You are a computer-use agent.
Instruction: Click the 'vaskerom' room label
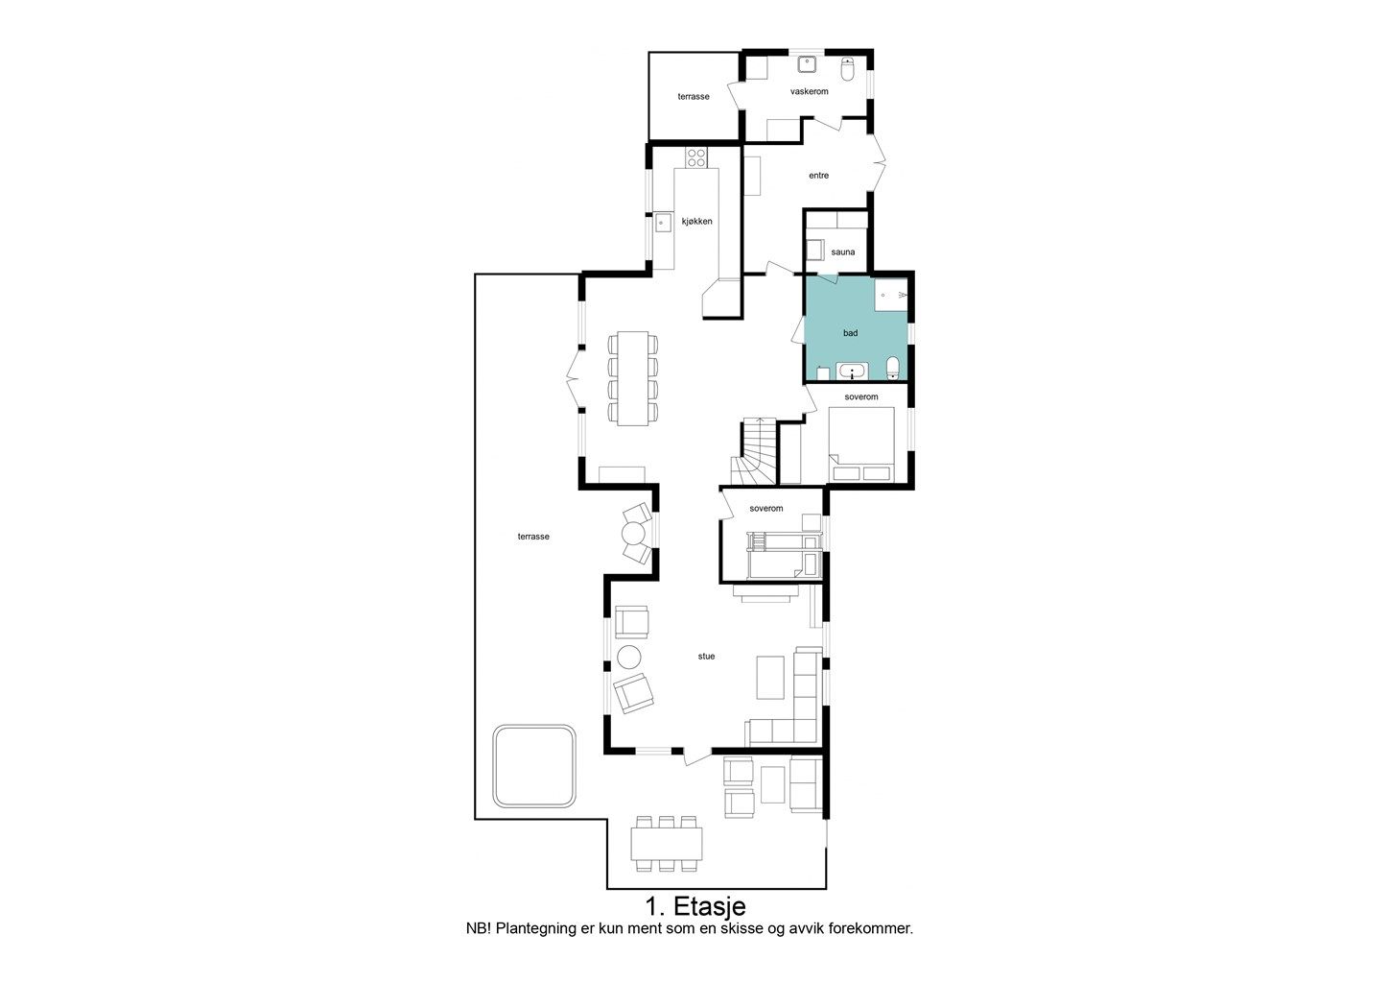point(809,91)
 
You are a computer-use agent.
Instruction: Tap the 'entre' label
point(818,176)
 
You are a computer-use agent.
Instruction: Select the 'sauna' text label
point(842,252)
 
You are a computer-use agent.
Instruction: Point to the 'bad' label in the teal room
point(850,333)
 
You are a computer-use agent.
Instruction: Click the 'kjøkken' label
point(697,222)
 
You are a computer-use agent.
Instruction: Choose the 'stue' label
point(706,656)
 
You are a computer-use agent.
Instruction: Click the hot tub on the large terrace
point(534,766)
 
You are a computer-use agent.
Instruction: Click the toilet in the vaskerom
point(848,68)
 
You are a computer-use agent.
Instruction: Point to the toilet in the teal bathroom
point(893,368)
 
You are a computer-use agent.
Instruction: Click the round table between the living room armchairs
point(628,658)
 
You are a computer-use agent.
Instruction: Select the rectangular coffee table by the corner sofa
point(770,677)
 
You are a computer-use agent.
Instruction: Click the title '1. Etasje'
point(695,906)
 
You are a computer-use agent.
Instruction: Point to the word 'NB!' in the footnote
point(479,929)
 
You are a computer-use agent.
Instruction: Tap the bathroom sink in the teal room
point(853,372)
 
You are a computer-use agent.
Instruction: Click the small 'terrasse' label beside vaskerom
point(694,97)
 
